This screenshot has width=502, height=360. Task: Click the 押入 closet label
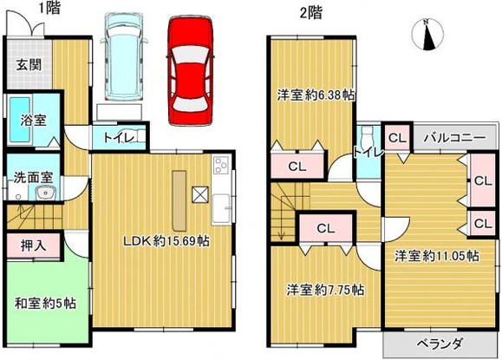32,246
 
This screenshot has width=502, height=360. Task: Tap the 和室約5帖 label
45,303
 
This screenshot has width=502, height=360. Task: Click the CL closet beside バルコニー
398,137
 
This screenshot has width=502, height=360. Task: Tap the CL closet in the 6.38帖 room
296,167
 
